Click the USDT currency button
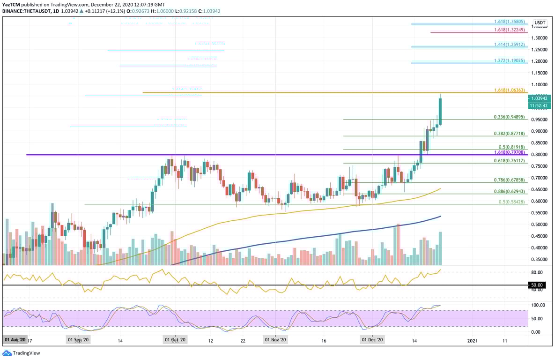[x=540, y=22]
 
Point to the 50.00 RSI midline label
[x=537, y=285]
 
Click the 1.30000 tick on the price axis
[x=540, y=38]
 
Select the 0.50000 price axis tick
[x=540, y=225]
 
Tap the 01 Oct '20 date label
[x=175, y=339]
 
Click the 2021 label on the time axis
[x=473, y=339]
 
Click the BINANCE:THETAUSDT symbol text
[x=25, y=11]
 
